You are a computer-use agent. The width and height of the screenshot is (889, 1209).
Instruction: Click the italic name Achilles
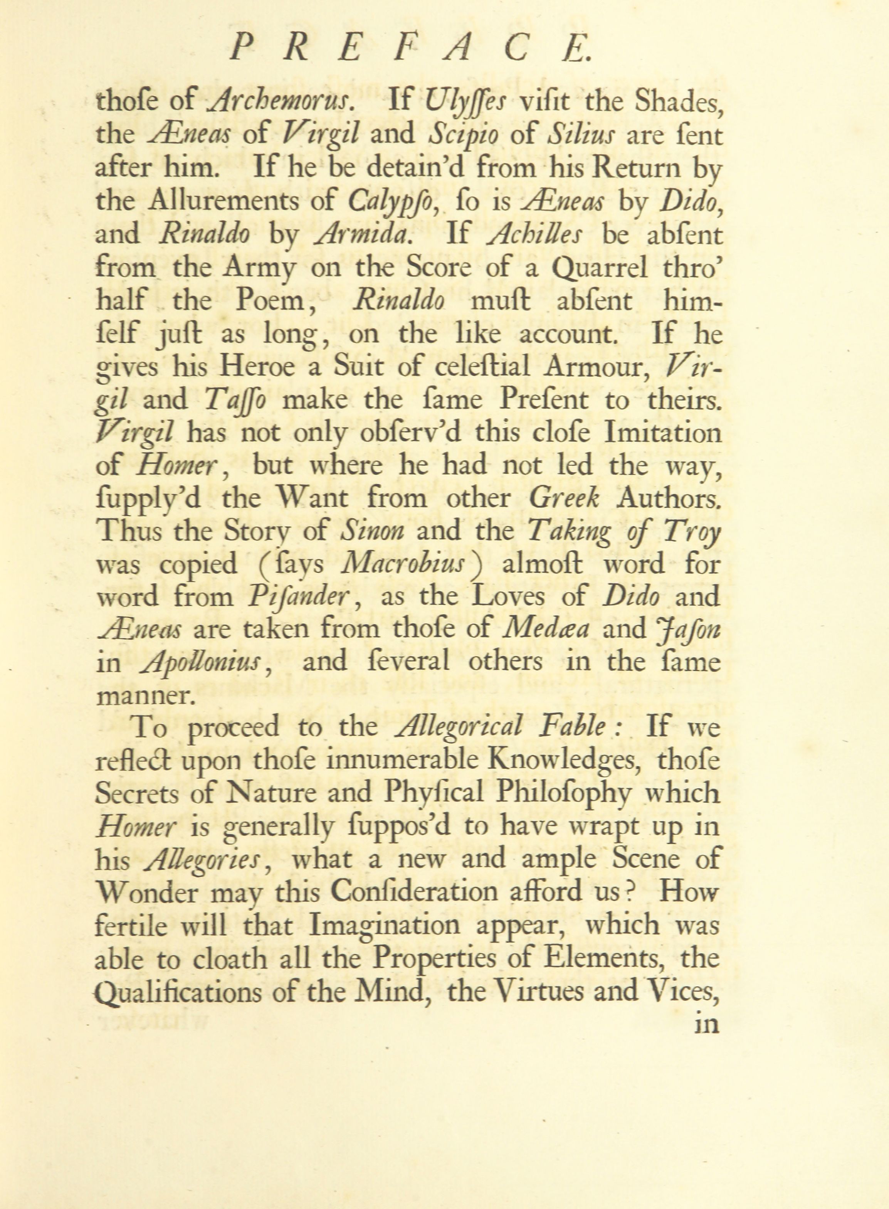click(x=534, y=235)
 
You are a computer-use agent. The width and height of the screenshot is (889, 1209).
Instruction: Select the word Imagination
click(x=384, y=925)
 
